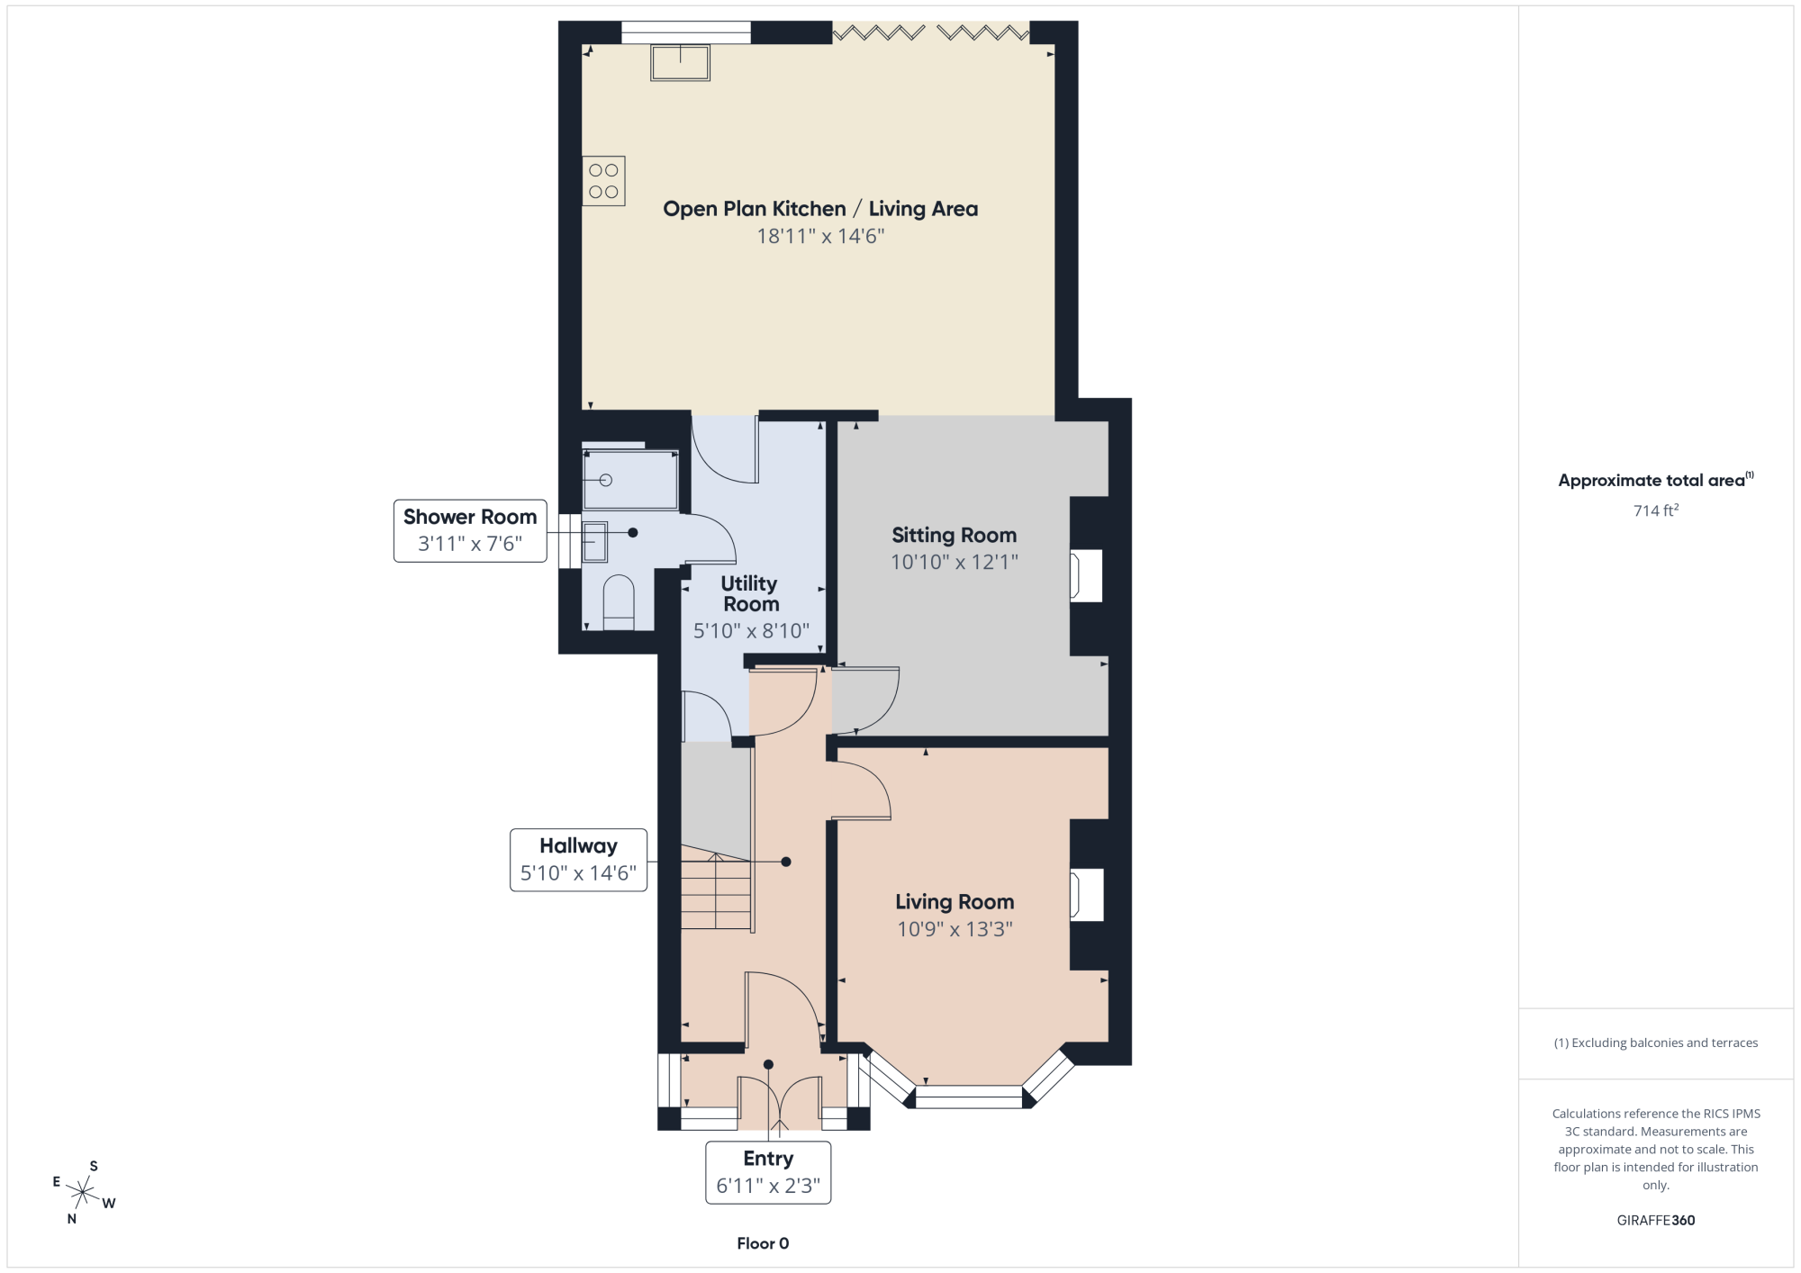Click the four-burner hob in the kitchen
pyautogui.click(x=603, y=181)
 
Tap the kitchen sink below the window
pyautogui.click(x=681, y=63)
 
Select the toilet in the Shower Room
pyautogui.click(x=618, y=602)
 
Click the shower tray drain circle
pyautogui.click(x=606, y=480)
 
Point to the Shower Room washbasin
pyautogui.click(x=594, y=542)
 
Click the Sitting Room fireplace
pyautogui.click(x=1086, y=575)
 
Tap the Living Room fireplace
pyautogui.click(x=1086, y=895)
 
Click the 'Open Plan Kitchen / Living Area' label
pyautogui.click(x=820, y=209)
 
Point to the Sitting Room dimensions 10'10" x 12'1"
pyautogui.click(x=955, y=563)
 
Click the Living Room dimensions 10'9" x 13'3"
pyautogui.click(x=955, y=929)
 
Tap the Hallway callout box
pyautogui.click(x=578, y=860)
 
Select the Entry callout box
pyautogui.click(x=768, y=1172)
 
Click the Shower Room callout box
pyautogui.click(x=470, y=530)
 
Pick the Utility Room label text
pyautogui.click(x=750, y=594)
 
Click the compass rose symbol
pyautogui.click(x=83, y=1193)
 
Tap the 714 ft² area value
pyautogui.click(x=1656, y=510)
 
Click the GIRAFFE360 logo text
pyautogui.click(x=1656, y=1221)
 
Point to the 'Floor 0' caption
pyautogui.click(x=763, y=1243)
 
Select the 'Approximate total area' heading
pyautogui.click(x=1655, y=480)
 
